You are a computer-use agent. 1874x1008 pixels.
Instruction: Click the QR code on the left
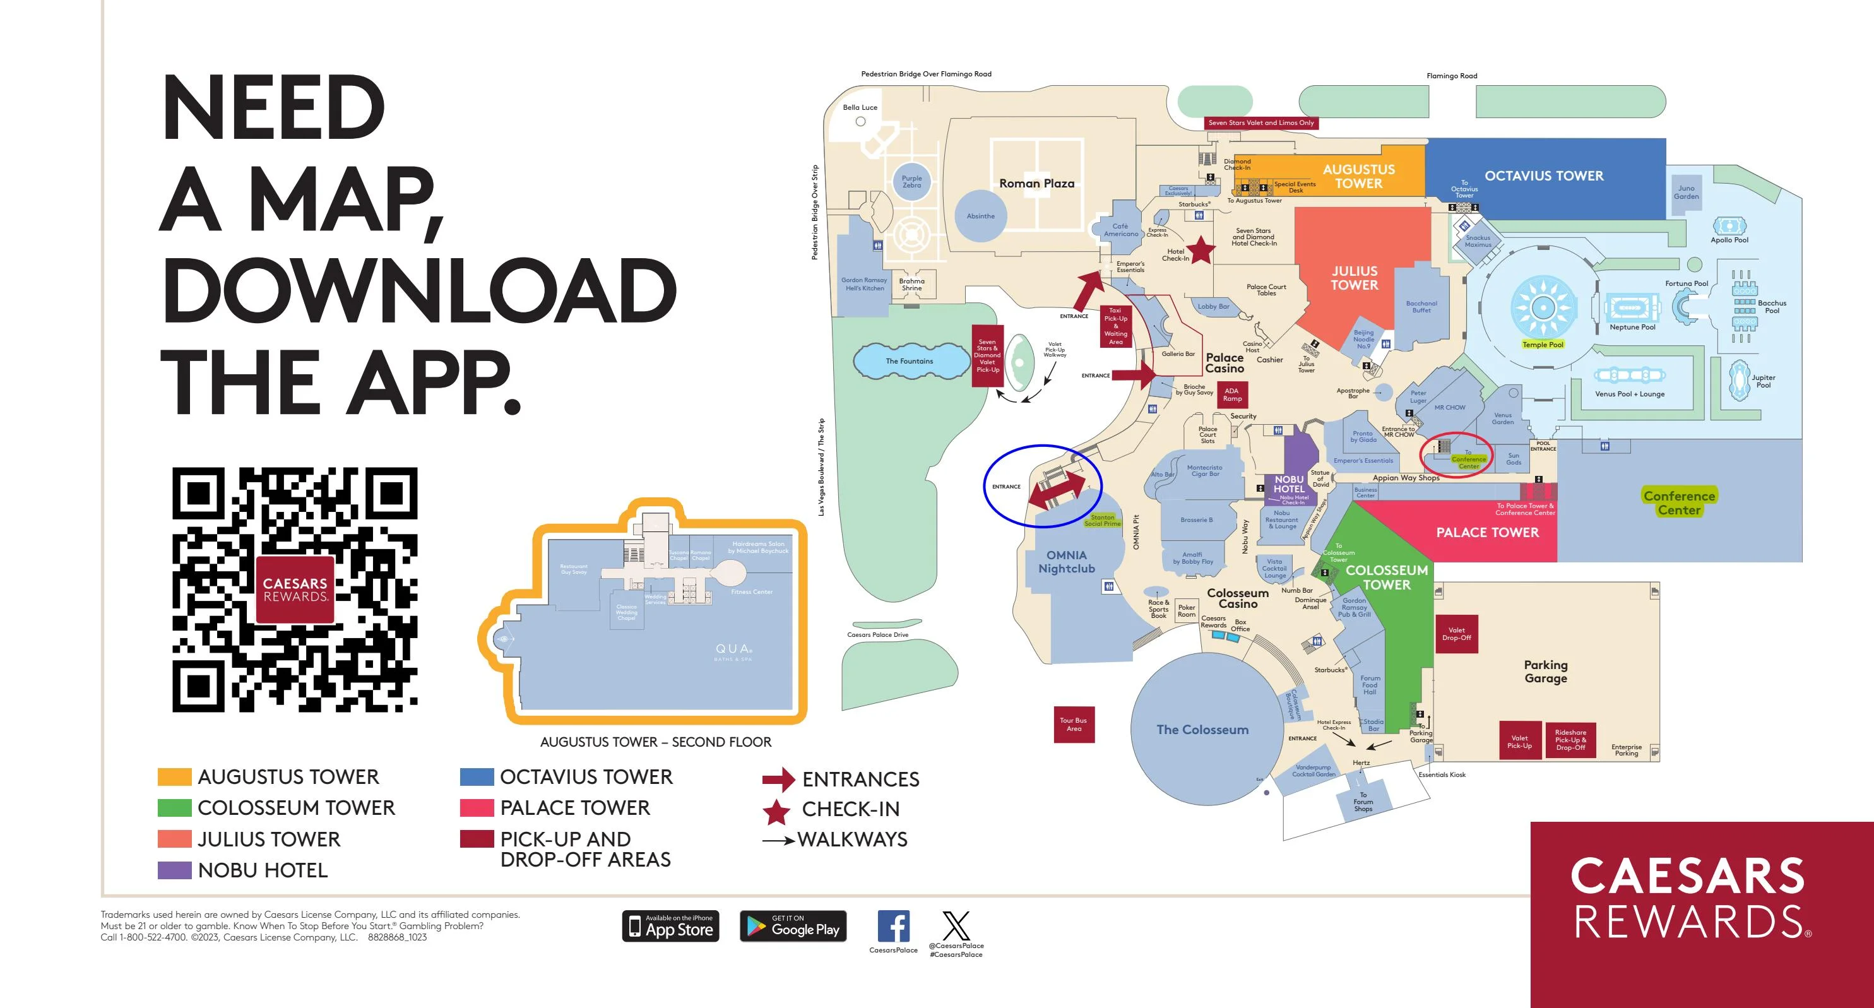tap(295, 590)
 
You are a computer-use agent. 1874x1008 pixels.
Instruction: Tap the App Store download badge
tap(670, 926)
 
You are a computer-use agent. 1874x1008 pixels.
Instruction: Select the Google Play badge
tap(793, 926)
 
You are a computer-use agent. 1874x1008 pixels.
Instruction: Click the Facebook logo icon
tap(893, 927)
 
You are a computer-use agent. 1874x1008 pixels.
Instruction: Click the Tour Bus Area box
tap(1074, 725)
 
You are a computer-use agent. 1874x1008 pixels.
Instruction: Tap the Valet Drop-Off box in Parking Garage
tap(1456, 634)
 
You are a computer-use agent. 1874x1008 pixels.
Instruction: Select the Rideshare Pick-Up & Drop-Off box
tap(1570, 740)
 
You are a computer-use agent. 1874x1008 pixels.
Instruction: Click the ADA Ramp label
tap(1231, 395)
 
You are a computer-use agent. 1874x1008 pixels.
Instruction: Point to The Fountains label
tap(909, 361)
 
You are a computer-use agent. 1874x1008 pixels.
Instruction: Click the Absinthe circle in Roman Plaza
tap(980, 216)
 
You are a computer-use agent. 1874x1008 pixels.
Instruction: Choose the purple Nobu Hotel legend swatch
tap(175, 870)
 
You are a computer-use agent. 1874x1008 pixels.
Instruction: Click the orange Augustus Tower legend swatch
tap(175, 777)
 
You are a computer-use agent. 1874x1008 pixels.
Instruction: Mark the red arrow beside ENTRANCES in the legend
tap(778, 779)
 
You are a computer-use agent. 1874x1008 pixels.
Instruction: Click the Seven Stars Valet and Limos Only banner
tap(1260, 123)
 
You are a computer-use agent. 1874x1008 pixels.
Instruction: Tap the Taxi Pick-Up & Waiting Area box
tap(1115, 326)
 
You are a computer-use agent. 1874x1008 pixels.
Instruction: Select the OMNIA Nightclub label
tap(1066, 562)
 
